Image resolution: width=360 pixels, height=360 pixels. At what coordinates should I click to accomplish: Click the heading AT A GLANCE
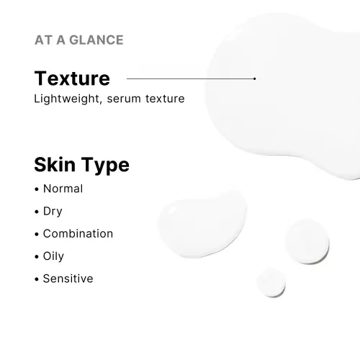click(78, 40)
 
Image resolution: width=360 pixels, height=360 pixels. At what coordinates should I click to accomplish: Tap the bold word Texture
click(72, 78)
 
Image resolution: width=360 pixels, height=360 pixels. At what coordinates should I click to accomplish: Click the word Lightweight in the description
click(66, 99)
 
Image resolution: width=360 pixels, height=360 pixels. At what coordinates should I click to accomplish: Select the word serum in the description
click(122, 99)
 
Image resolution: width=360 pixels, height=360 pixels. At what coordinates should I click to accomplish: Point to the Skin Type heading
click(81, 165)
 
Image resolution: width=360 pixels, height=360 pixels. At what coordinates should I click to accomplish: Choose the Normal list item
click(63, 189)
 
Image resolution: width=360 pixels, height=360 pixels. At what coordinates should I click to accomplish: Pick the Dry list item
click(53, 211)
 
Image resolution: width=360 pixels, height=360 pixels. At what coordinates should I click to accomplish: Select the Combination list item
click(78, 233)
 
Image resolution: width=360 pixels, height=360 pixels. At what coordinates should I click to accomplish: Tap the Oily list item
click(53, 256)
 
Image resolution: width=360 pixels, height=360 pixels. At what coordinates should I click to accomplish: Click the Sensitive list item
click(68, 278)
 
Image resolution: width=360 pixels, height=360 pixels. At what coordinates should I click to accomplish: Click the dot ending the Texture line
click(255, 78)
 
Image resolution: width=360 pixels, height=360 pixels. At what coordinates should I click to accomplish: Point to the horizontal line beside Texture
click(191, 78)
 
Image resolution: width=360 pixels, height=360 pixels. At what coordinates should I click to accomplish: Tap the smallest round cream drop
click(271, 282)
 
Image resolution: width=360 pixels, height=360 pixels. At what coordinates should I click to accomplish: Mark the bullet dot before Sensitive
click(36, 279)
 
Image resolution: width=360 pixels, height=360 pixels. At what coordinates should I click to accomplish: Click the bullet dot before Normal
click(36, 189)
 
